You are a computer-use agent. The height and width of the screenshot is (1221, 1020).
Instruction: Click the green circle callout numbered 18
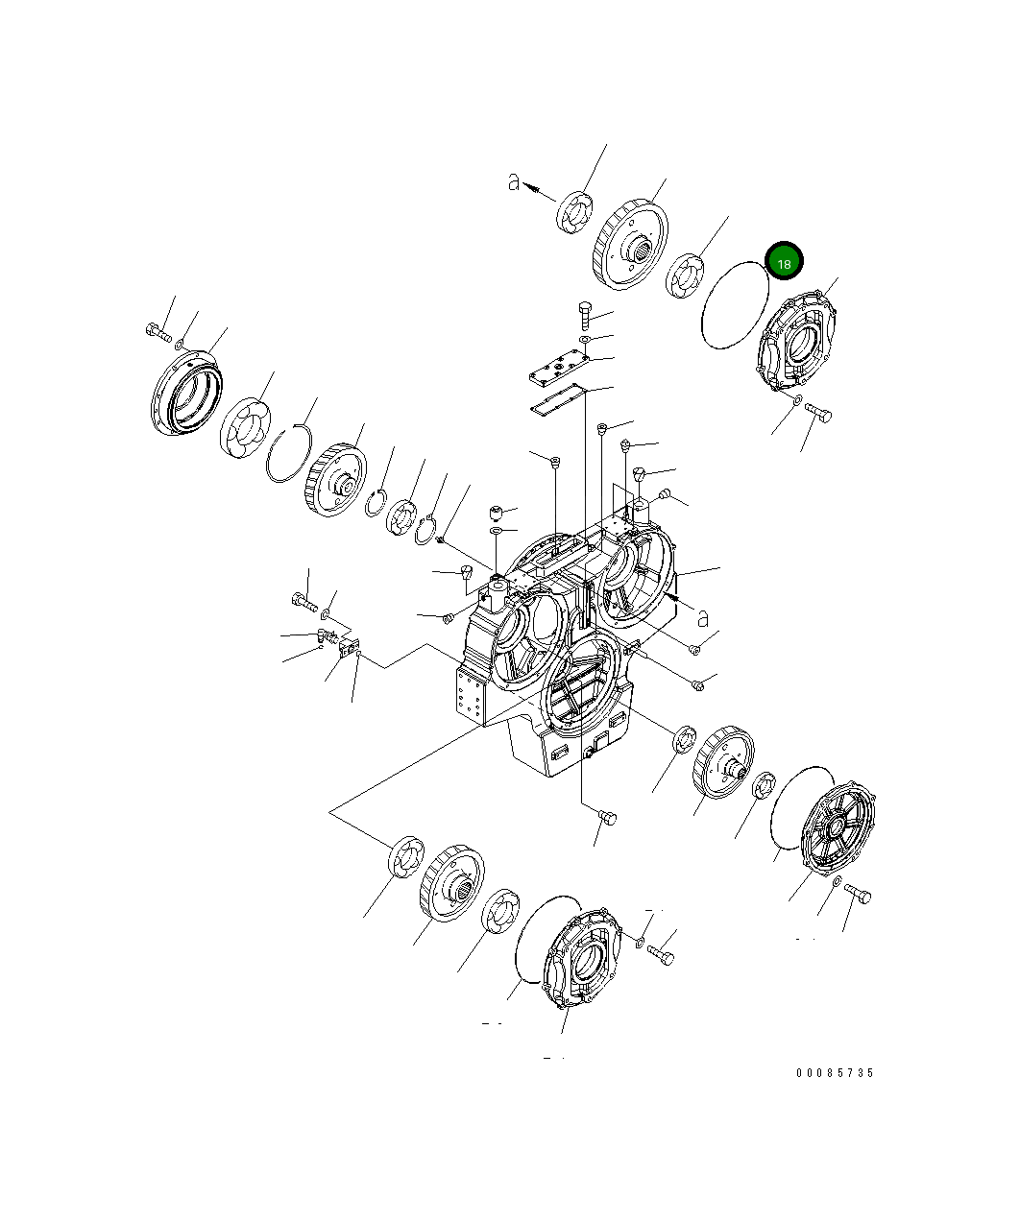[x=784, y=261]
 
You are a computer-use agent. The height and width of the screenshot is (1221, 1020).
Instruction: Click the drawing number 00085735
[x=834, y=1073]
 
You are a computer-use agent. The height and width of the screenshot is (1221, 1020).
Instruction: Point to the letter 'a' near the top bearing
[x=514, y=181]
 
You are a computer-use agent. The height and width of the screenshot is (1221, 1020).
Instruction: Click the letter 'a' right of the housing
[x=702, y=616]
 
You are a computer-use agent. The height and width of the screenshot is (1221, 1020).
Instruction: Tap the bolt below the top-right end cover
[x=819, y=413]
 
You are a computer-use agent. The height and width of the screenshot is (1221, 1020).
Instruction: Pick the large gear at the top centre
[x=630, y=246]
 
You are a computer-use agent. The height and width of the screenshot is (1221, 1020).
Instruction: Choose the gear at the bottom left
[x=450, y=884]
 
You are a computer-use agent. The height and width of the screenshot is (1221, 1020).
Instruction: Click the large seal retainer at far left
[x=187, y=395]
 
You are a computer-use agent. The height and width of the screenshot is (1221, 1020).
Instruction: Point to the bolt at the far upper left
[x=157, y=331]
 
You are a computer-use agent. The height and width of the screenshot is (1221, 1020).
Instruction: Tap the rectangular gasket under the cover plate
[x=558, y=400]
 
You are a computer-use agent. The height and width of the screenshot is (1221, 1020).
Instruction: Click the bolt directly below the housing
[x=606, y=818]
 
